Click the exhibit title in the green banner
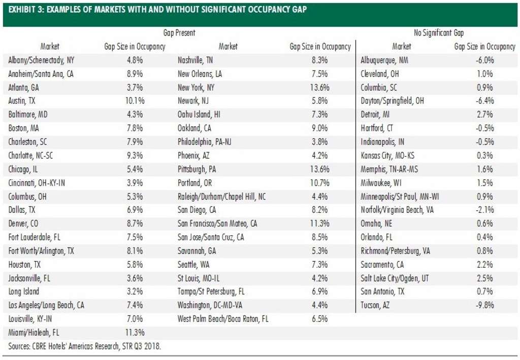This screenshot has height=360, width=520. coord(157,10)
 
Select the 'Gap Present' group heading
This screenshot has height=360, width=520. coord(179,33)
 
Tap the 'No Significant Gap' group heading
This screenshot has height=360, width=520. coord(439,33)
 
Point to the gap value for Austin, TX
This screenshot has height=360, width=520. coord(135,101)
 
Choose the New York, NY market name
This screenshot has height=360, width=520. coord(196,87)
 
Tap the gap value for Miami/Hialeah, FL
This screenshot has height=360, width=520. coord(135,333)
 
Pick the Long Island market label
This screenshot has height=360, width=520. coord(24,292)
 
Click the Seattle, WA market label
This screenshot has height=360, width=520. coord(194,265)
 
